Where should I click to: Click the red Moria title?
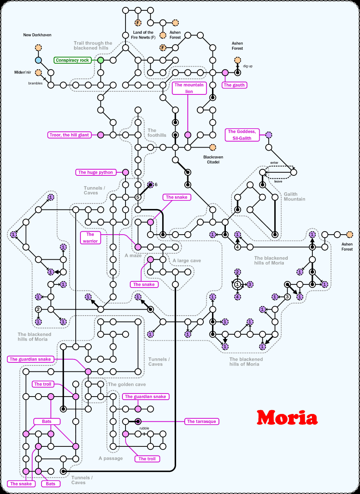pos(287,418)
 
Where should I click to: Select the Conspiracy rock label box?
pos(73,60)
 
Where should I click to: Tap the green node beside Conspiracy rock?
pos(100,60)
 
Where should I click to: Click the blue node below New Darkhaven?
pos(38,60)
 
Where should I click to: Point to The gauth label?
pos(234,85)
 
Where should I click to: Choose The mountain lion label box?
pos(189,88)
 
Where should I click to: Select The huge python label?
pos(96,172)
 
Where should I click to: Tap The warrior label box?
pos(90,238)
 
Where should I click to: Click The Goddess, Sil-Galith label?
pos(242,135)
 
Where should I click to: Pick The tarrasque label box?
pos(201,421)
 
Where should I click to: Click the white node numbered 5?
pos(138,197)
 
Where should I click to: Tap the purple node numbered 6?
pos(150,185)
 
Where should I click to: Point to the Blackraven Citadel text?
pos(211,159)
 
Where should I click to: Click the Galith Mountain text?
pos(294,197)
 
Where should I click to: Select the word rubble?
pos(144,428)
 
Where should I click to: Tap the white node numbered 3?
pos(287,297)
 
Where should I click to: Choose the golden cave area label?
pos(127,384)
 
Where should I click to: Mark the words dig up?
pos(247,66)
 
